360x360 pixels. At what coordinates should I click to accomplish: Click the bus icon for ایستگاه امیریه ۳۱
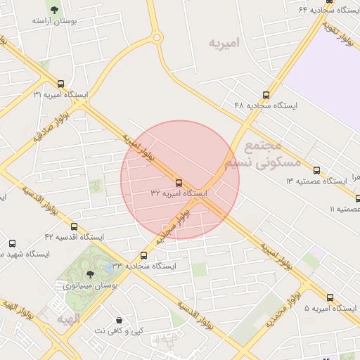[x=60, y=84]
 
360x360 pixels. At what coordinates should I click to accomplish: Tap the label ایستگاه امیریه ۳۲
[x=179, y=193]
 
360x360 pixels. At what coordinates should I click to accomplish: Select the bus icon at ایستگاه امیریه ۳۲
[x=179, y=182]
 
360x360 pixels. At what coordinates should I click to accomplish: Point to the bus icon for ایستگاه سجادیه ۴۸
[x=266, y=95]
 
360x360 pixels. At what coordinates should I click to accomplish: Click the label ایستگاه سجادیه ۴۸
[x=266, y=105]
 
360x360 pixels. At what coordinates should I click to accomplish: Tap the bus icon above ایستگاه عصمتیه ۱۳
[x=316, y=170]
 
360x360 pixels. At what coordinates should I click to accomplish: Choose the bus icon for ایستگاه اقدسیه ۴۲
[x=74, y=226]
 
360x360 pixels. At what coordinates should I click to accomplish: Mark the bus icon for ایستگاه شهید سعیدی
[x=12, y=243]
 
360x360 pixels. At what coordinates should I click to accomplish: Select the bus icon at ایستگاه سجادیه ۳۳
[x=144, y=255]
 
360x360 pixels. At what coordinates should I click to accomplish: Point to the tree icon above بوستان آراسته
[x=54, y=10]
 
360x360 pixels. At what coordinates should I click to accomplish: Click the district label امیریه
[x=224, y=43]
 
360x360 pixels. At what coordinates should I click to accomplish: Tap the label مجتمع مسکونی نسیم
[x=262, y=155]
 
